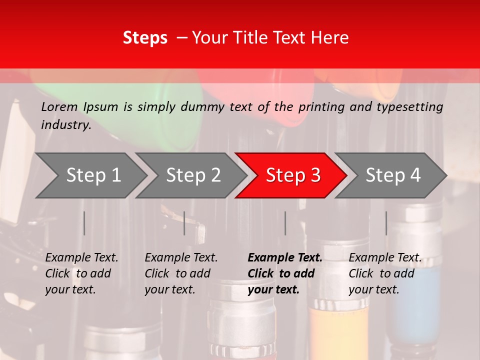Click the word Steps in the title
click(x=145, y=38)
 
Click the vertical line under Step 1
click(x=84, y=223)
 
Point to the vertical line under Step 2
click(x=184, y=223)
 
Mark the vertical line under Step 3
click(x=285, y=223)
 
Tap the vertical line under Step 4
click(x=386, y=223)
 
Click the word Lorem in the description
click(x=59, y=107)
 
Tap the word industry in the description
click(x=66, y=125)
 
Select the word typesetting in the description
click(x=409, y=107)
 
